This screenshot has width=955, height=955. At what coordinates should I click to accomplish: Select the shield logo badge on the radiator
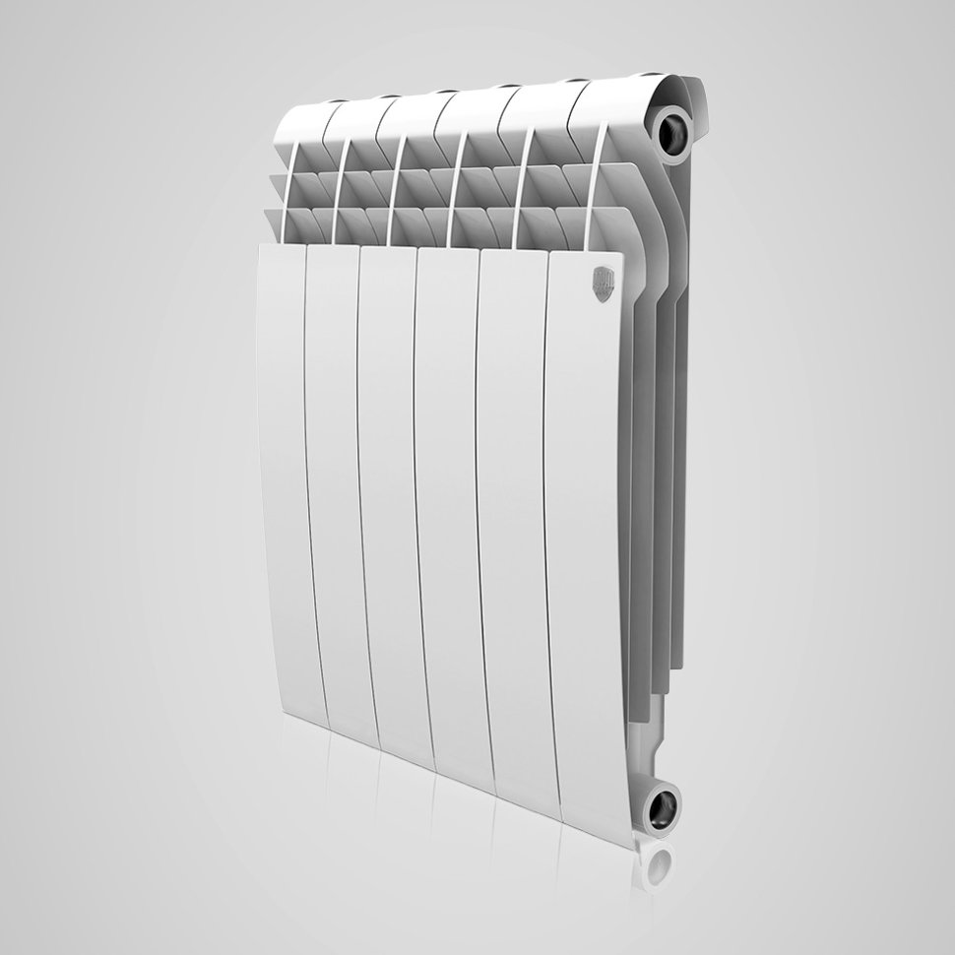604,279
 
